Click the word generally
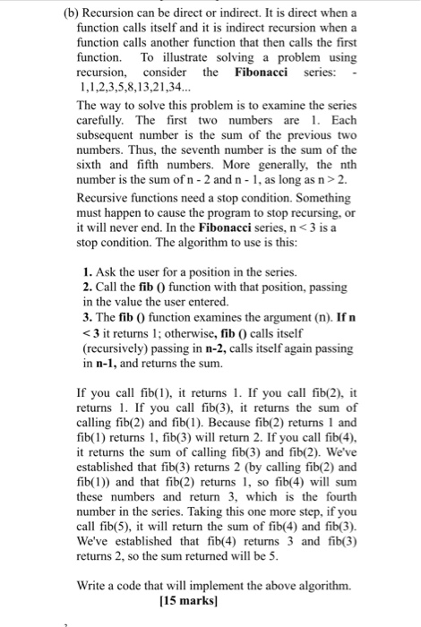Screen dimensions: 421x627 (250, 172)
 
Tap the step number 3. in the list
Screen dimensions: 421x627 (87, 320)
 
